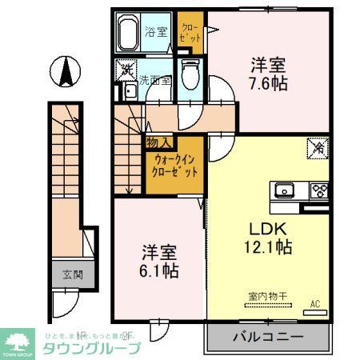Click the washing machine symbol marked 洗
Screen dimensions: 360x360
126,70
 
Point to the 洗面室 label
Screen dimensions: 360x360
154,80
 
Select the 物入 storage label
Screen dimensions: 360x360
157,142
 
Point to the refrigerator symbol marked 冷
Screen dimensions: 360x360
317,147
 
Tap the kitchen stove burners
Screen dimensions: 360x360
319,190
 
